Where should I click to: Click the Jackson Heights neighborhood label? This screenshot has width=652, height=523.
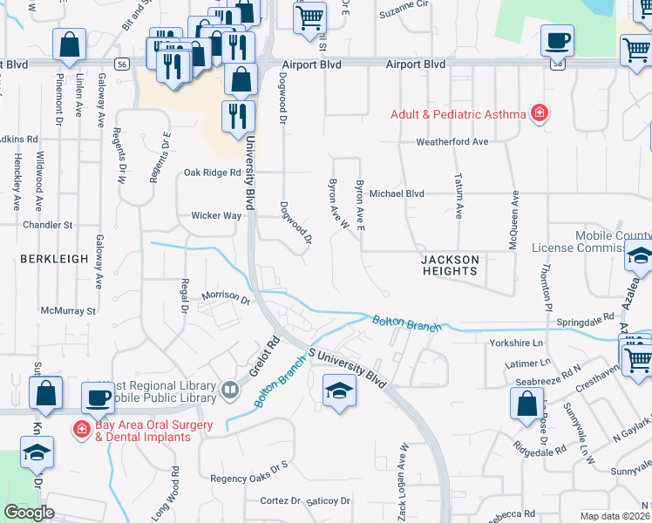[450, 265]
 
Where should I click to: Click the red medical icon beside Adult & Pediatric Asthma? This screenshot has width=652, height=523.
[540, 113]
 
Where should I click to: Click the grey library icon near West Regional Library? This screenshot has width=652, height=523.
[230, 389]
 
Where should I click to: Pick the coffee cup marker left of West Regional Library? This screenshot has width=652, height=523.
[98, 397]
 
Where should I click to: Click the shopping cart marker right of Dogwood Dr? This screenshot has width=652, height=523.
[309, 17]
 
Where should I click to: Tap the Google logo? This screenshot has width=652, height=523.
[29, 513]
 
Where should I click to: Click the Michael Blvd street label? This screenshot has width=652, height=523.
[396, 194]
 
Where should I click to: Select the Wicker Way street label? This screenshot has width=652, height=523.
[216, 215]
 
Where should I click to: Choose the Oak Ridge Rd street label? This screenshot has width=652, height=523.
[212, 173]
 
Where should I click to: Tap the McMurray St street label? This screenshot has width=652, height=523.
[68, 310]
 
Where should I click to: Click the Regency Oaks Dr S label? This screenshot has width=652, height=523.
[248, 478]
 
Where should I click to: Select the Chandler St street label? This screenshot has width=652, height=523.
[47, 225]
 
